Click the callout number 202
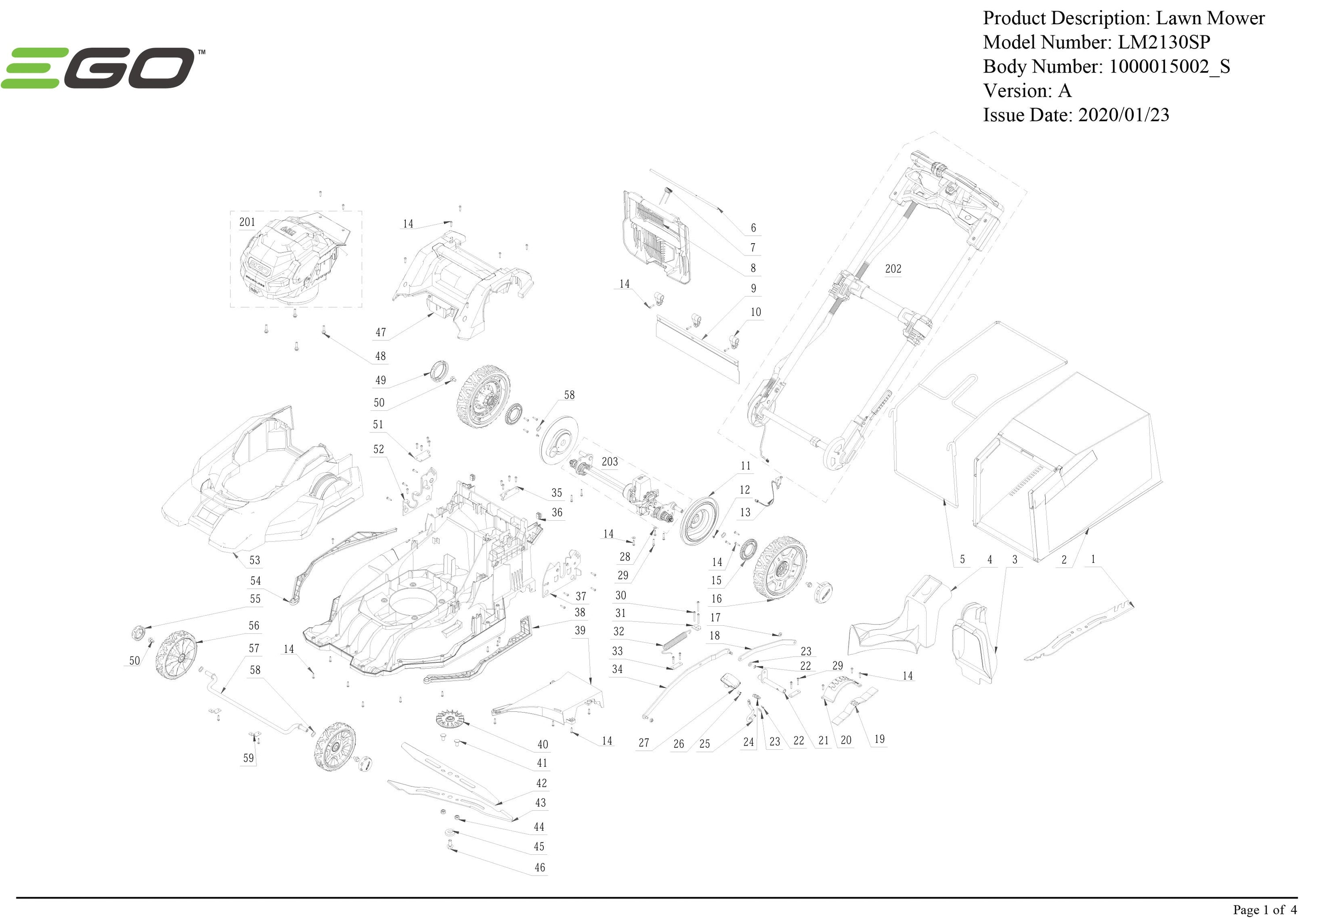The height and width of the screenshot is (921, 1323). pyautogui.click(x=893, y=269)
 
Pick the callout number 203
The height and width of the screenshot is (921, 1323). pyautogui.click(x=609, y=461)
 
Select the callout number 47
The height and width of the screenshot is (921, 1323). pyautogui.click(x=380, y=332)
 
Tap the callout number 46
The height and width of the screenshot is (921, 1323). pyautogui.click(x=539, y=867)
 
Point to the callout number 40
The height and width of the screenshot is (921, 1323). pyautogui.click(x=542, y=744)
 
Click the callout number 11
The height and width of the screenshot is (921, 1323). pyautogui.click(x=746, y=466)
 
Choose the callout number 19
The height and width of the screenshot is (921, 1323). pyautogui.click(x=879, y=739)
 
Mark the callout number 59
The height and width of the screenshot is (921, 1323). pyautogui.click(x=248, y=758)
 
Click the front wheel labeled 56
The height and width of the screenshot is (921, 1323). pyautogui.click(x=176, y=654)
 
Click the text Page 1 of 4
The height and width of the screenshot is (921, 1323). pyautogui.click(x=1265, y=910)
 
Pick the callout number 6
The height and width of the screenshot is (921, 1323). pyautogui.click(x=752, y=228)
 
